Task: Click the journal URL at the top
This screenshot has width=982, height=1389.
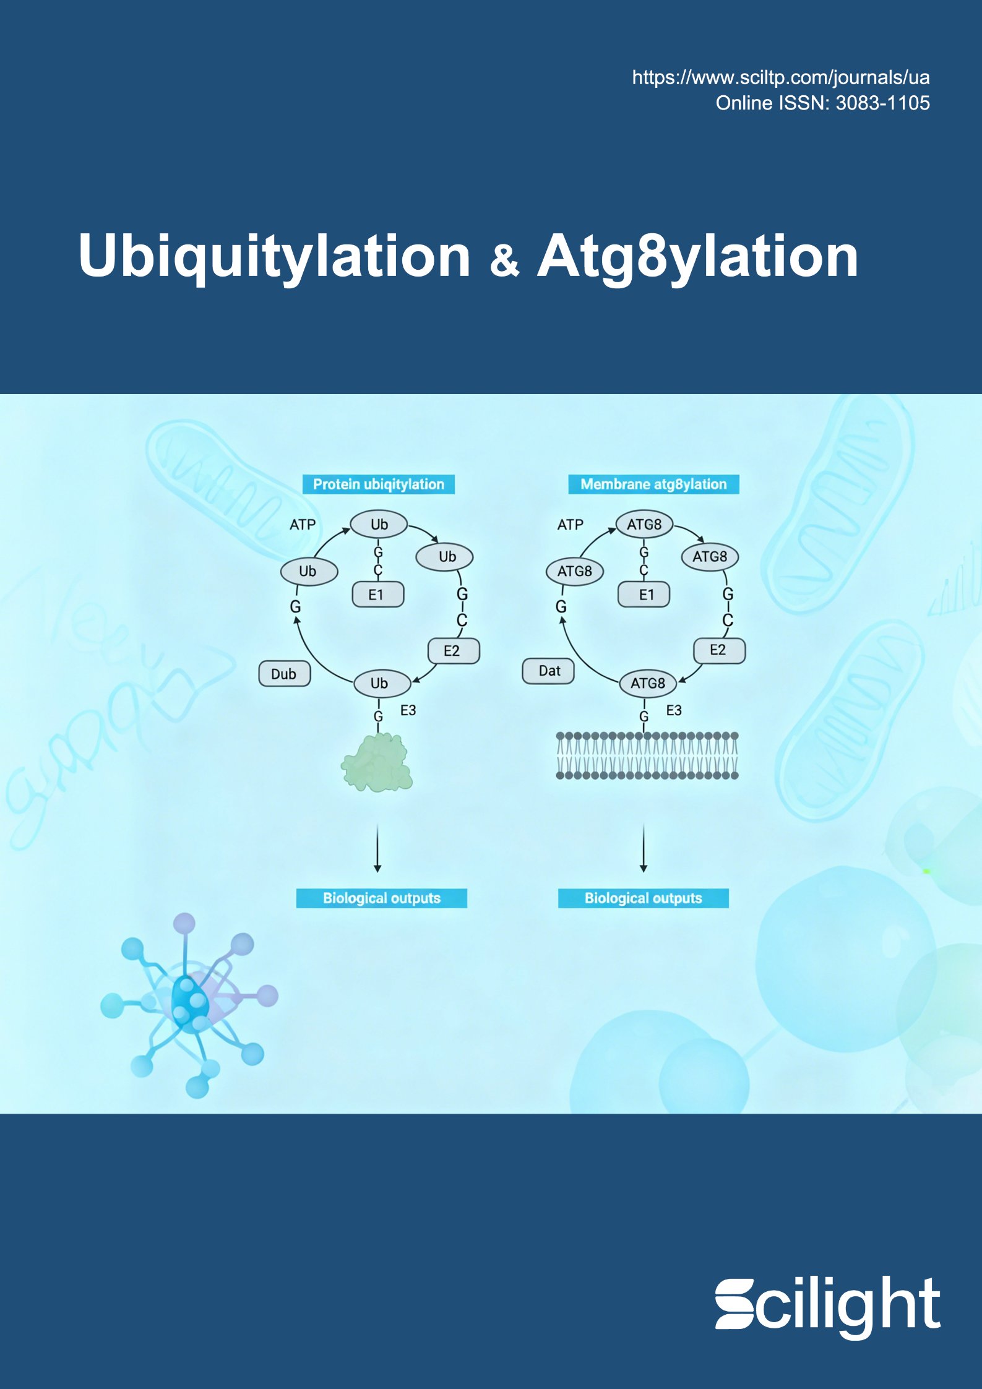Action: tap(780, 78)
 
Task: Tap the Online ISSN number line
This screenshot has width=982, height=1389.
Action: tap(822, 103)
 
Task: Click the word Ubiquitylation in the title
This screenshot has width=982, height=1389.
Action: tap(275, 256)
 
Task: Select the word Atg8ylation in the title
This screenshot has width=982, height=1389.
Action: tap(697, 256)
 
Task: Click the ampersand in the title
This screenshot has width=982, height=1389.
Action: tap(504, 260)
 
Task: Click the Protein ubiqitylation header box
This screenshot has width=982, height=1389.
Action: tap(378, 484)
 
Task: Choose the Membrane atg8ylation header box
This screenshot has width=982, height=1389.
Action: tap(653, 484)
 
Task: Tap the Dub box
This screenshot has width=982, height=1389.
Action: tap(284, 674)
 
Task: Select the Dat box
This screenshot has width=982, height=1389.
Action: tap(549, 671)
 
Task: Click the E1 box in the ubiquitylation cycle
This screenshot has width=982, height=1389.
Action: tap(377, 595)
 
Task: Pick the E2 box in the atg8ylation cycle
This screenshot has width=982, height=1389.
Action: tap(718, 650)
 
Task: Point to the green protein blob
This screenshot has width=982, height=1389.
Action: tap(377, 762)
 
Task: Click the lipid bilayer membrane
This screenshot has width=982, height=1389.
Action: tap(647, 755)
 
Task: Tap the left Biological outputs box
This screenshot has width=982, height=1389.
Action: tap(381, 898)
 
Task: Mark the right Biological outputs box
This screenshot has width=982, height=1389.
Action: tap(644, 898)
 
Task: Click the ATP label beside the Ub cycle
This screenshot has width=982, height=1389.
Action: tap(303, 525)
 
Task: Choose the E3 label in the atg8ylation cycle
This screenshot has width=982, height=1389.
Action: tap(674, 710)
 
